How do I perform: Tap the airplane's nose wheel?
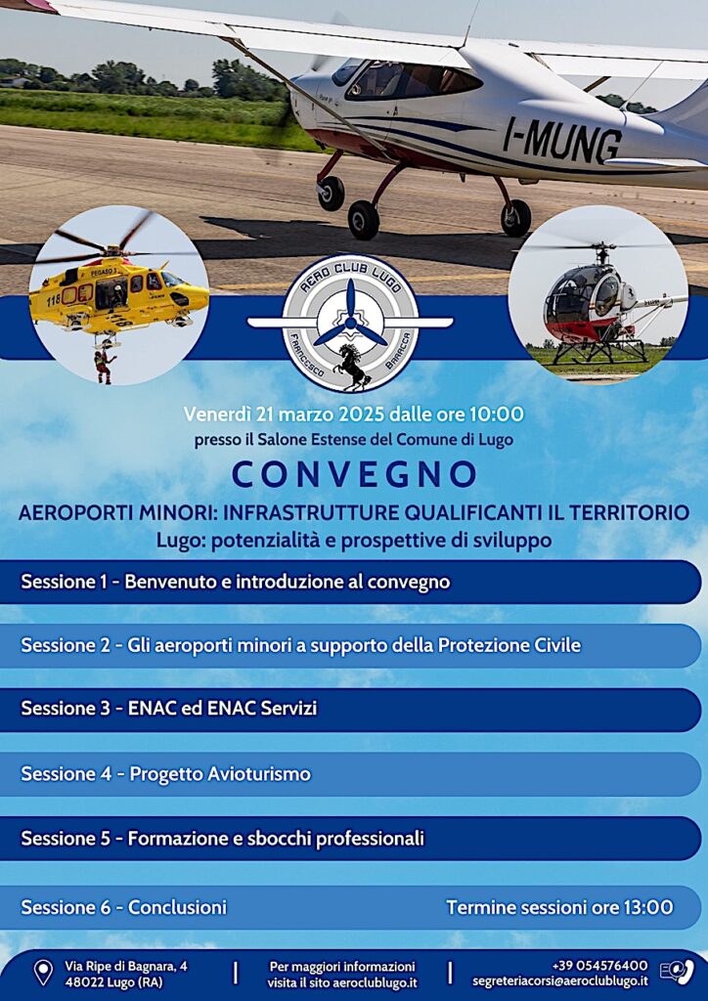coord(331,194)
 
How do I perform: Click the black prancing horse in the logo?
coord(353,366)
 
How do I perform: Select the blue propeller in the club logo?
coord(350,315)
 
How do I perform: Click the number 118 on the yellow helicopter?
coord(54,299)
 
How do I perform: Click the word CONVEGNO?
coord(354,474)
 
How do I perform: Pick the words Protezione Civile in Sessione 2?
coord(509,645)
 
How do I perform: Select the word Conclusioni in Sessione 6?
coord(177,907)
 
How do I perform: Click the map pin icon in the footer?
coord(43,973)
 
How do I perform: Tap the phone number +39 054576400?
coord(599,965)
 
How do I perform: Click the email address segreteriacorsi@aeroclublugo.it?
coord(560,981)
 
